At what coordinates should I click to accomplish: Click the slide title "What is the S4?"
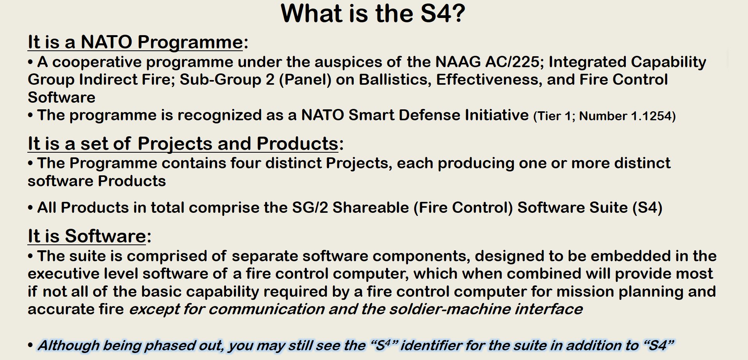point(373,14)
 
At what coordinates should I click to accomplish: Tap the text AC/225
point(514,62)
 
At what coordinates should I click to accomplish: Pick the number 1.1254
point(653,116)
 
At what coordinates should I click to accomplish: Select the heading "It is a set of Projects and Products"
point(183,144)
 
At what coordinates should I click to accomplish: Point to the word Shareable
point(370,208)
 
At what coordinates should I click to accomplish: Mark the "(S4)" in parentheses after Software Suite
point(647,208)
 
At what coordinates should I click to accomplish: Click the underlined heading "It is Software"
point(87,236)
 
